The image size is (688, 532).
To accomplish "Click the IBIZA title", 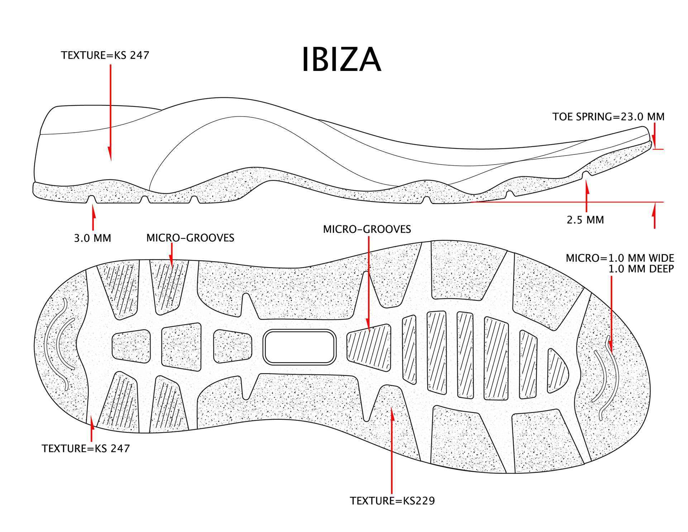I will click(x=341, y=60).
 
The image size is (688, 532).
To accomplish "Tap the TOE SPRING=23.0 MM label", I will click(x=608, y=117).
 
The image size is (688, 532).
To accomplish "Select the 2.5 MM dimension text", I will click(x=585, y=220).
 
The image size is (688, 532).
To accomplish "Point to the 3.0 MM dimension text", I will click(x=92, y=238).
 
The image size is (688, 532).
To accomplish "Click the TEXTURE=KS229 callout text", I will click(x=392, y=501).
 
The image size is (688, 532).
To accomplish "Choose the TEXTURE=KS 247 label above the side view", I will click(x=105, y=55).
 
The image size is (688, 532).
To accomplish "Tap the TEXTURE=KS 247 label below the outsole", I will click(x=86, y=448).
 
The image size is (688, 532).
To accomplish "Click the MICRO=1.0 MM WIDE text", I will click(x=620, y=258).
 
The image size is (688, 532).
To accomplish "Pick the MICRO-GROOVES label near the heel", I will click(x=190, y=238).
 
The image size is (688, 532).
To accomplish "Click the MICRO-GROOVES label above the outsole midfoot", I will click(x=367, y=229).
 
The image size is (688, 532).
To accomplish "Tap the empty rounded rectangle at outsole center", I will click(x=299, y=347).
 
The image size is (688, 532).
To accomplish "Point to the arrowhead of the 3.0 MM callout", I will click(x=94, y=210).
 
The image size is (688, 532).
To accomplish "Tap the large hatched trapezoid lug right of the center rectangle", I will click(x=369, y=347).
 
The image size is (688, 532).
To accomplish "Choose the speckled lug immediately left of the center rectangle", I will click(x=233, y=346).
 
